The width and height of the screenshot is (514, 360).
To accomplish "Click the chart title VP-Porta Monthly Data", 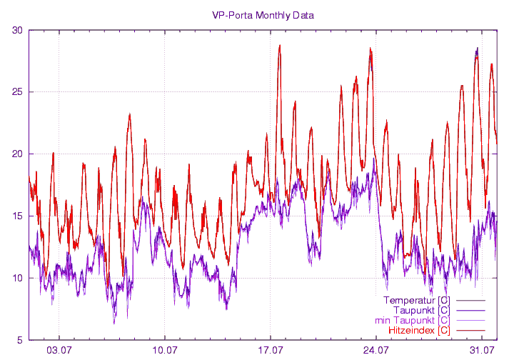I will tap(263, 15).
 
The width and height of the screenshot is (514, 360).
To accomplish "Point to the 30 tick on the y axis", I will tap(17, 30).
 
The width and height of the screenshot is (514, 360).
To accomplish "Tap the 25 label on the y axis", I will tap(17, 92).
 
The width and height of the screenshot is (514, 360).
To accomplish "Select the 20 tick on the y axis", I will tap(17, 154).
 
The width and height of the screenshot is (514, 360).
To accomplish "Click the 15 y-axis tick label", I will tap(17, 216).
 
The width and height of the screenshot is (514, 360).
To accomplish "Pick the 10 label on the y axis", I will tap(17, 279).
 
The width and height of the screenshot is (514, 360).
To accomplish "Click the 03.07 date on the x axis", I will tap(59, 350).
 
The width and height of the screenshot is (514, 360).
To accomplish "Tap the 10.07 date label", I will tap(165, 350).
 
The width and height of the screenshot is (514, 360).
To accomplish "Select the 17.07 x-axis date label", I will tap(271, 350).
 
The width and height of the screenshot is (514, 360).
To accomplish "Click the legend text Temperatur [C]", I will tap(416, 300).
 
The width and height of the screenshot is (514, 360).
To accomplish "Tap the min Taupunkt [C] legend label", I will tap(412, 320).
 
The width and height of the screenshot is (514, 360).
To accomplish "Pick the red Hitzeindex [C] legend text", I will tap(419, 330).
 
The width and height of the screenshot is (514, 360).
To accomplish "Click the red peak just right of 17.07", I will tap(280, 46).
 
